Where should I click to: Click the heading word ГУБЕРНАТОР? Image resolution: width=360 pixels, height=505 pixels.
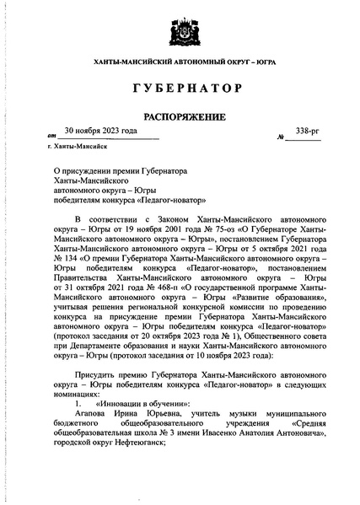tap(180, 89)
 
